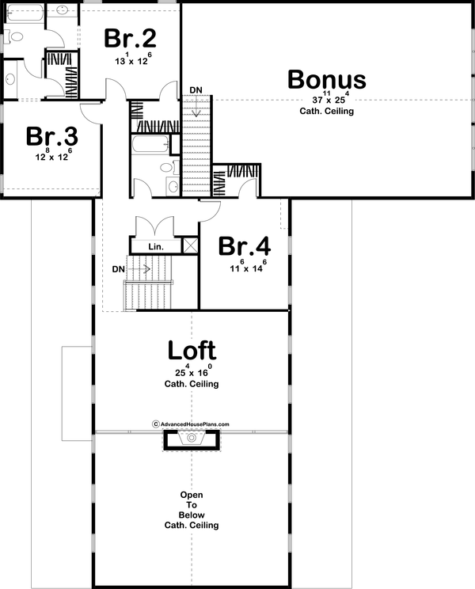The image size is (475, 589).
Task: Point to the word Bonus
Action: tap(326, 80)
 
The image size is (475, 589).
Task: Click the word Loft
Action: tap(192, 350)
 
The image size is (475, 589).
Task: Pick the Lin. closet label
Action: tap(155, 247)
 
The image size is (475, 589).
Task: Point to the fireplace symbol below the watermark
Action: tap(191, 439)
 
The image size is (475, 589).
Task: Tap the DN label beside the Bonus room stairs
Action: tap(196, 88)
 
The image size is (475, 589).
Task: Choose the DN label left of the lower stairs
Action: tap(118, 269)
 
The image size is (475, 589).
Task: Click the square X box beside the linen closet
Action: tap(190, 245)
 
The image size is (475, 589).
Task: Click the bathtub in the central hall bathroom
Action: tap(150, 145)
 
